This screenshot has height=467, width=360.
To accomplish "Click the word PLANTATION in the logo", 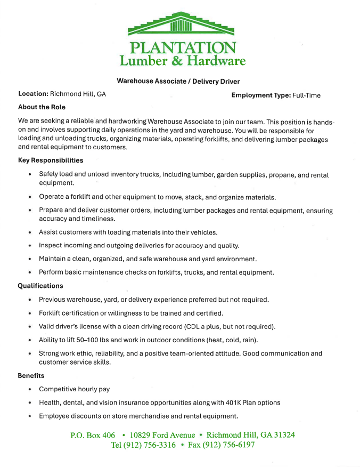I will click(183, 48).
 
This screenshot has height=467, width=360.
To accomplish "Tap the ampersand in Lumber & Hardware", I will click(177, 61).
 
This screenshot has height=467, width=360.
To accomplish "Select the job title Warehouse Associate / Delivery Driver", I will click(178, 82).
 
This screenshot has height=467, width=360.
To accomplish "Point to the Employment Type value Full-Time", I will click(306, 95).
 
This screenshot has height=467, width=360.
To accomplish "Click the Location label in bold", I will click(33, 94).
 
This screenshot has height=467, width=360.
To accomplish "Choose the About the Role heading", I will click(42, 107).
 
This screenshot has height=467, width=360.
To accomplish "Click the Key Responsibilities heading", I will click(51, 160).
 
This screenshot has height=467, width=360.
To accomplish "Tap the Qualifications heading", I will click(40, 286).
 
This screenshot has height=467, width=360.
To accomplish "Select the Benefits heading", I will click(31, 376).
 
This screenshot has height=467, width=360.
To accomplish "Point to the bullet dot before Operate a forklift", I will click(30, 197).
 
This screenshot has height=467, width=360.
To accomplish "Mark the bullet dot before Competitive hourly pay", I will click(30, 390).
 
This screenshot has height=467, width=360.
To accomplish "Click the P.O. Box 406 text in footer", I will click(93, 435).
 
